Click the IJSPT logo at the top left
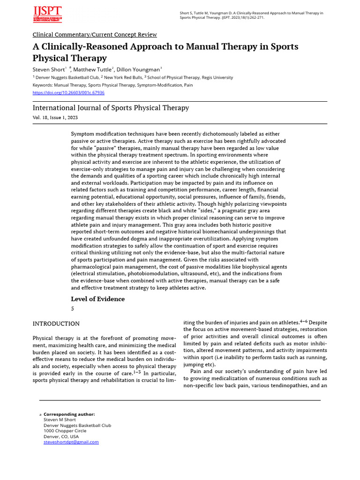pos(47,14)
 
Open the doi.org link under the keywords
pos(68,93)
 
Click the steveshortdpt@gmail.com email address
pos(71,442)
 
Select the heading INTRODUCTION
pos(56,324)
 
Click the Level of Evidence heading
pos(97,299)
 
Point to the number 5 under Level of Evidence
pos(73,309)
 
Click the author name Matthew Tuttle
pos(92,69)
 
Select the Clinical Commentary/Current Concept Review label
pos(95,35)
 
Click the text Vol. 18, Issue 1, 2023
pos(55,117)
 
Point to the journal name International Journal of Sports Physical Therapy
pos(111,108)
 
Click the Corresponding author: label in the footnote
pos(69,414)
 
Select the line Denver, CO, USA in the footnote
pos(61,436)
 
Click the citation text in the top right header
pos(251,15)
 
